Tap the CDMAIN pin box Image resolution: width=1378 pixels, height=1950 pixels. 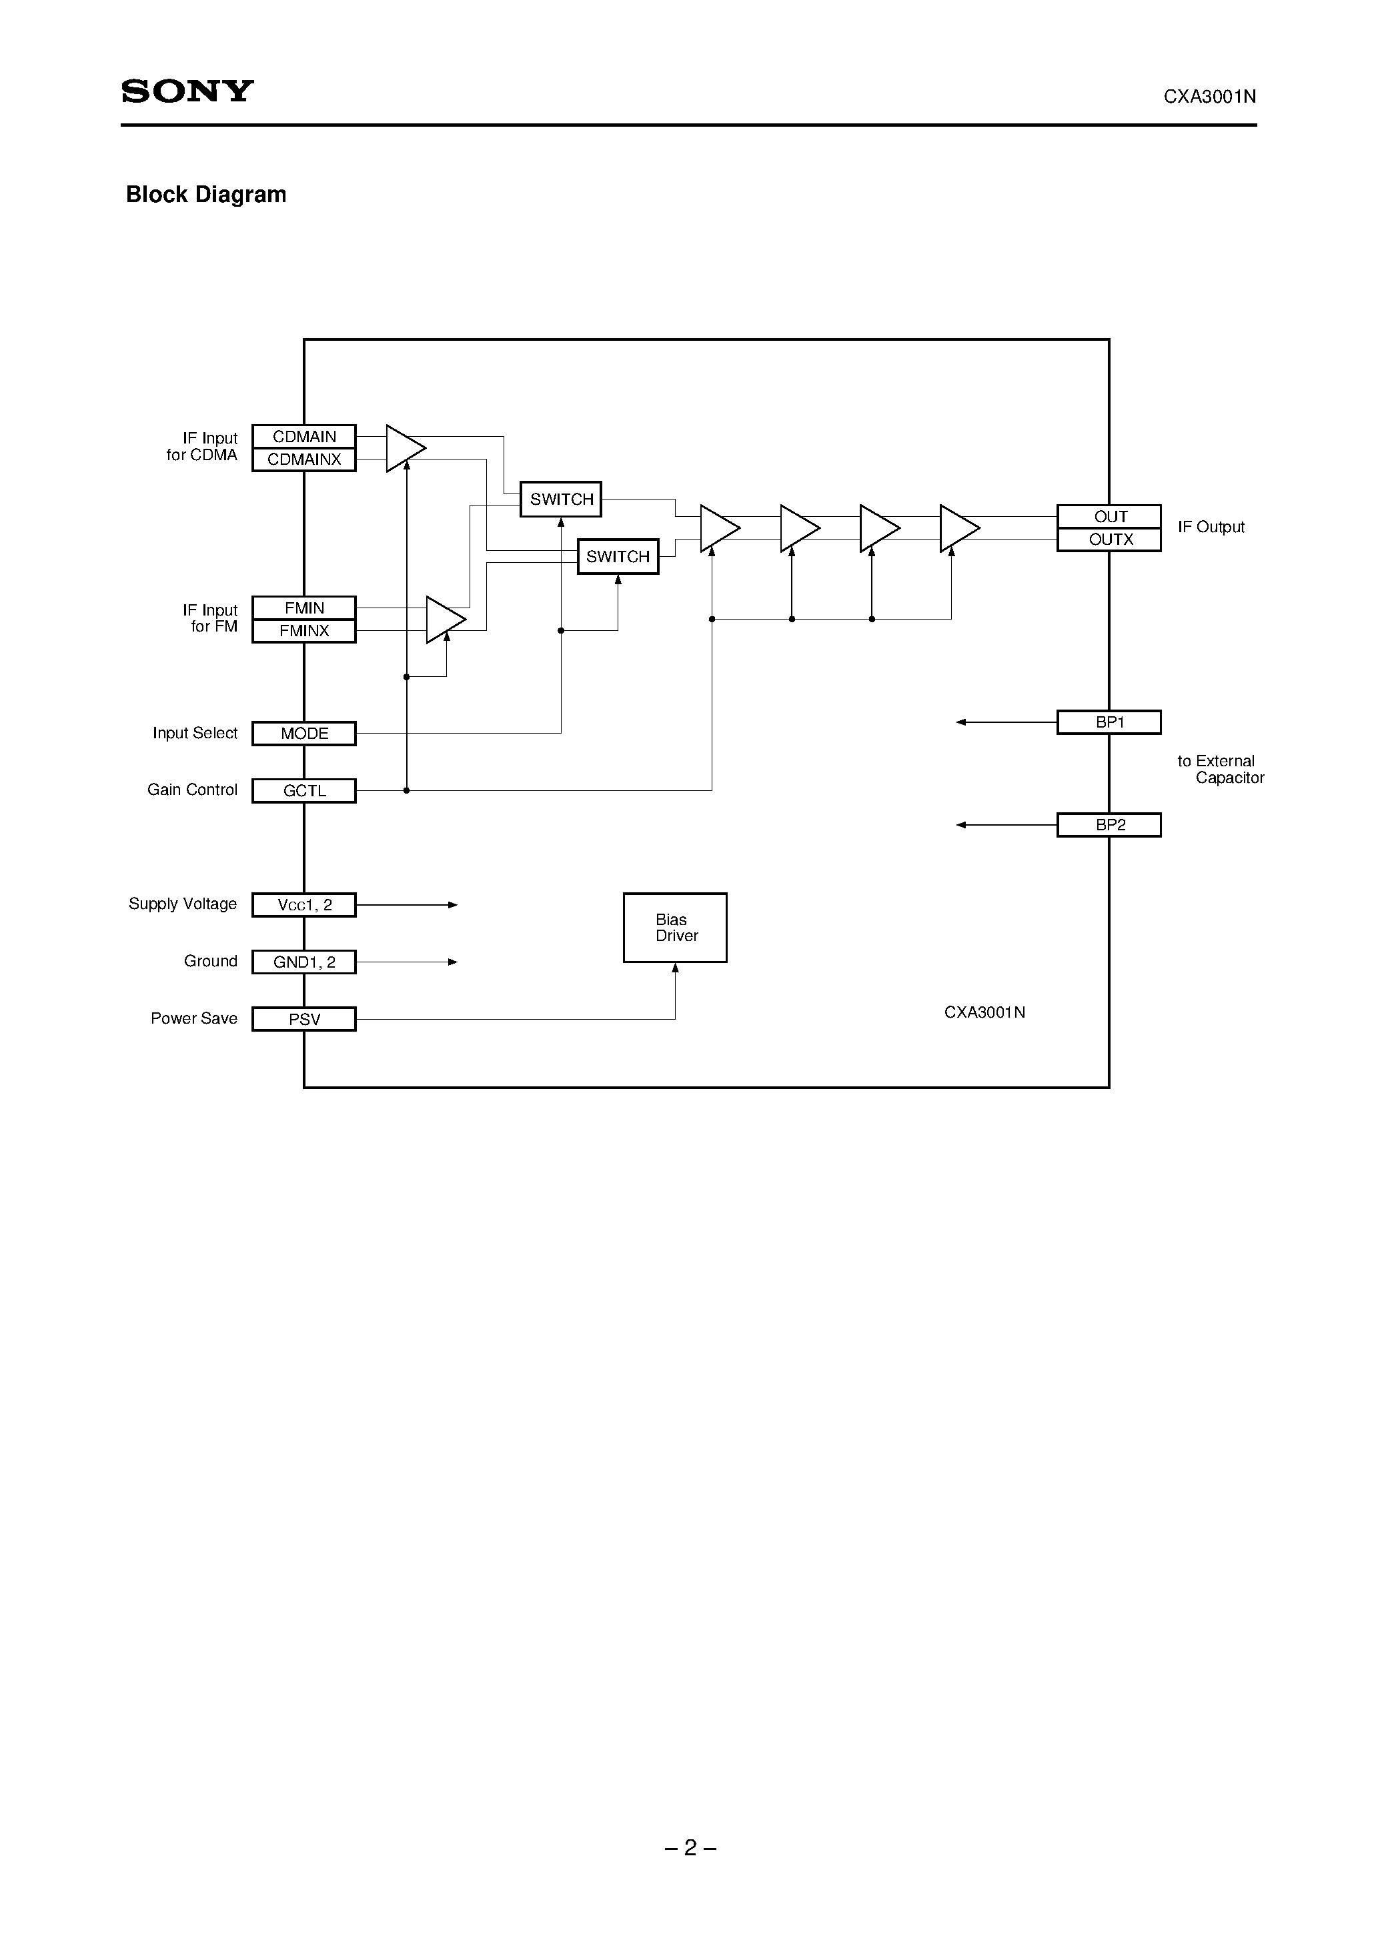(304, 437)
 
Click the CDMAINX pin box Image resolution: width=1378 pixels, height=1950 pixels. (304, 459)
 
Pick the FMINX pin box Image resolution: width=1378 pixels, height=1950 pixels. (304, 631)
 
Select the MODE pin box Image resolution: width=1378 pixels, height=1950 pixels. (304, 733)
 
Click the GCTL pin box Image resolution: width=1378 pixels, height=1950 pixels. (304, 791)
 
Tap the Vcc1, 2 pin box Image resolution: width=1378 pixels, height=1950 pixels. (304, 906)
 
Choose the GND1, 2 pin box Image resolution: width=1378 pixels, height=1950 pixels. (304, 962)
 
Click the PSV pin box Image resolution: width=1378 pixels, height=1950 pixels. (304, 1019)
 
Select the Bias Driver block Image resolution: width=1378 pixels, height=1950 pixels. (676, 928)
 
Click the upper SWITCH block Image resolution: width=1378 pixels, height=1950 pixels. (562, 500)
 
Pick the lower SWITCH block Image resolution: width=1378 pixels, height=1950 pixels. (618, 556)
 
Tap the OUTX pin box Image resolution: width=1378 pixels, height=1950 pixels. (1109, 540)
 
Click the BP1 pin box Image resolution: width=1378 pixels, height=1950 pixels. (1109, 722)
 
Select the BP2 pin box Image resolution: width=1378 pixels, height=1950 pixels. (1109, 825)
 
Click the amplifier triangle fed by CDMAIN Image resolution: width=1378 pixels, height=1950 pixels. (403, 447)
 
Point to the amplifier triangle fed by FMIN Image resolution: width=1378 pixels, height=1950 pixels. (443, 619)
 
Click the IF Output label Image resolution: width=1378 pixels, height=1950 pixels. (1211, 528)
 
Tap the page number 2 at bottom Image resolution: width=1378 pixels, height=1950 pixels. (690, 1848)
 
